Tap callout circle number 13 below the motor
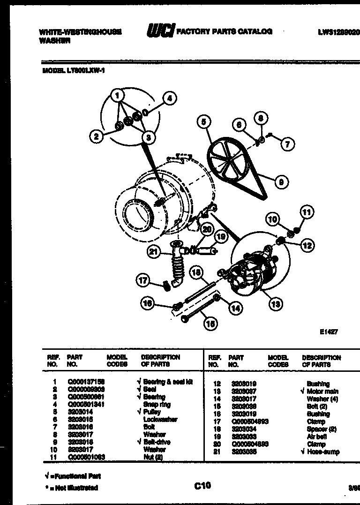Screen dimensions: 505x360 click(x=275, y=304)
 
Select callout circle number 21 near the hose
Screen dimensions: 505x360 click(x=153, y=252)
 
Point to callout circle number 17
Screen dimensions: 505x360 click(x=142, y=281)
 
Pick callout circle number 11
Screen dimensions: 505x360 click(x=307, y=212)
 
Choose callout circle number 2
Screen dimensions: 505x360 click(x=96, y=136)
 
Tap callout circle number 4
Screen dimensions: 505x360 click(x=170, y=98)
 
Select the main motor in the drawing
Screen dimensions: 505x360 click(x=251, y=277)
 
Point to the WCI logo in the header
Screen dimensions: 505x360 click(x=161, y=31)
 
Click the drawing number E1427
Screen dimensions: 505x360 click(x=329, y=332)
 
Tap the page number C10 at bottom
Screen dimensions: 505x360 click(x=202, y=486)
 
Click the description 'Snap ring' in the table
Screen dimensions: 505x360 click(x=157, y=404)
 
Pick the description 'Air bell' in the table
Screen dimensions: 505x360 click(x=317, y=437)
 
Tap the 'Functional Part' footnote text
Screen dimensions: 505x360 click(x=73, y=476)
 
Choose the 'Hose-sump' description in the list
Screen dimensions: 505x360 click(x=323, y=452)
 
